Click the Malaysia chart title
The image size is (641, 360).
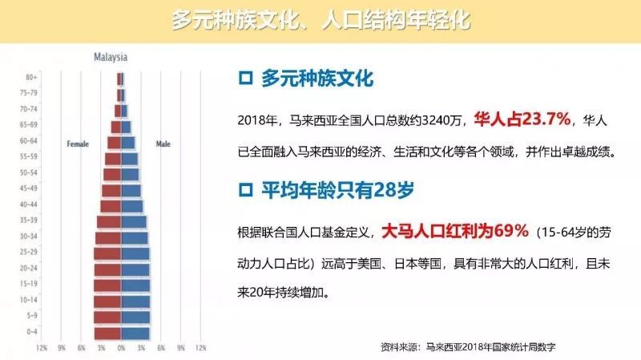click(111, 57)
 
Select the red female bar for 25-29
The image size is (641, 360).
click(107, 253)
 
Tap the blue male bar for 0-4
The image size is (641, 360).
click(135, 334)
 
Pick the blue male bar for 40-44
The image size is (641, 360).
click(132, 206)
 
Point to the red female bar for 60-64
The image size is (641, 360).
click(115, 143)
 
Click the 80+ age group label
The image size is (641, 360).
click(31, 77)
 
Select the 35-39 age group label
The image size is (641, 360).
click(29, 220)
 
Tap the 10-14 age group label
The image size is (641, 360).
click(29, 300)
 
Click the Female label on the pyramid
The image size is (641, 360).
click(78, 144)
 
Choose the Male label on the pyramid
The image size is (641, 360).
click(163, 144)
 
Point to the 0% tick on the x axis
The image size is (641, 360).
click(122, 348)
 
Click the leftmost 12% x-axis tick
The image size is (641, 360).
click(42, 348)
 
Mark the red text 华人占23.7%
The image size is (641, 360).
click(522, 119)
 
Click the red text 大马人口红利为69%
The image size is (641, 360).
click(455, 231)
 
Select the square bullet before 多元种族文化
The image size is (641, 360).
click(245, 78)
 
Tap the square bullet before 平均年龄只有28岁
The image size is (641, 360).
click(245, 190)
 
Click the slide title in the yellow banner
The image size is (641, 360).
click(321, 21)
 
